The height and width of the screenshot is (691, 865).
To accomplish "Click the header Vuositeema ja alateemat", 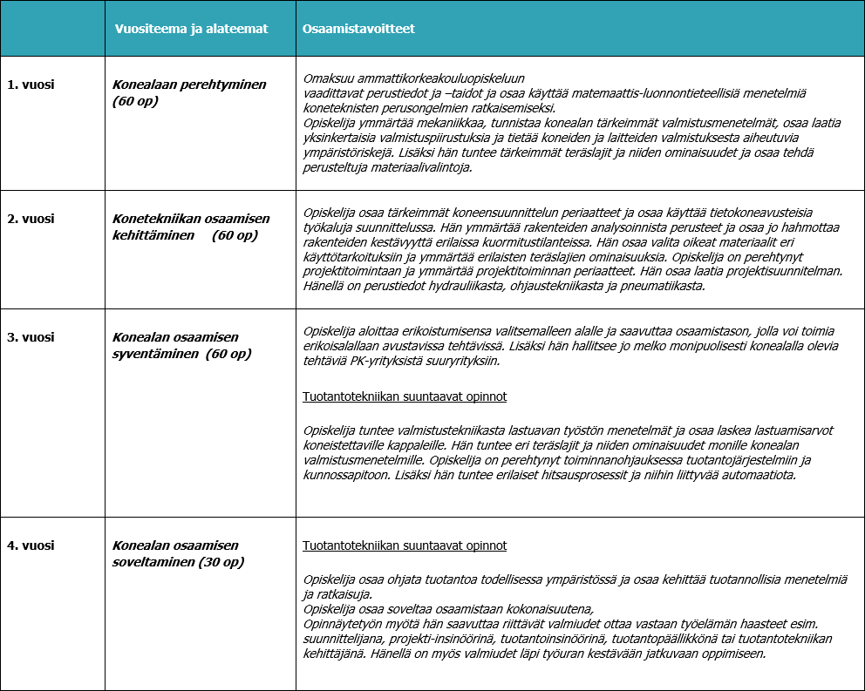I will [x=192, y=29].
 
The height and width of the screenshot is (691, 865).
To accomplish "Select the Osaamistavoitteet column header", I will [x=358, y=29].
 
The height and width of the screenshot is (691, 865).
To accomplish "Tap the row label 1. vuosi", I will [x=31, y=85].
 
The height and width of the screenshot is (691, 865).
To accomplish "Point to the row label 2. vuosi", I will [x=31, y=219].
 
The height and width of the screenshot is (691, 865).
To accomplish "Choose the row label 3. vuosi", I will [x=31, y=337].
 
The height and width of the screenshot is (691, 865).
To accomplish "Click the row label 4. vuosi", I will [x=31, y=545].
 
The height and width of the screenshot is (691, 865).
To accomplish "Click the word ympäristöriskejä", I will [x=344, y=152].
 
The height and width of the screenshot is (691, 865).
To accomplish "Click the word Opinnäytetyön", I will [x=343, y=624].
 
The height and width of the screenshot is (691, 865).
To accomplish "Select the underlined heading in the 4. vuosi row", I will [x=405, y=546].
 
